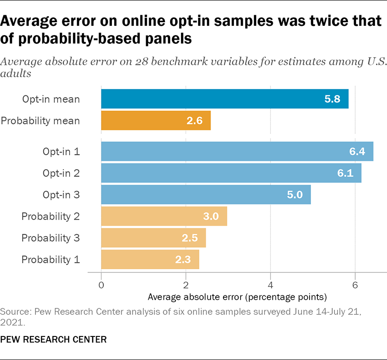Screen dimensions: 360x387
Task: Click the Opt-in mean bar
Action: click(224, 99)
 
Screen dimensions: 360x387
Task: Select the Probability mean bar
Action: click(156, 121)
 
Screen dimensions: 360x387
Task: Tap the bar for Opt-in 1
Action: click(237, 151)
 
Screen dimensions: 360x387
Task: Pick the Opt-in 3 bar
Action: click(205, 195)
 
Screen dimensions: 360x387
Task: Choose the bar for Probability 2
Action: click(164, 216)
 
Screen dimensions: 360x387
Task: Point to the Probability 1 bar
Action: click(150, 260)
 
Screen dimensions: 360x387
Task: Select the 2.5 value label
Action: click(189, 238)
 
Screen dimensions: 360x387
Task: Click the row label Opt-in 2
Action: click(61, 173)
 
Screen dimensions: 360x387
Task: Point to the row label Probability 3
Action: click(51, 238)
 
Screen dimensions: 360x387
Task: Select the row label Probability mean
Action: click(41, 121)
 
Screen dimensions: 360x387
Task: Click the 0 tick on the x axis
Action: click(101, 285)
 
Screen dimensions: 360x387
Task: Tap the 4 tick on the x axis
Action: click(270, 285)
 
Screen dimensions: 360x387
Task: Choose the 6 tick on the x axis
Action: click(355, 285)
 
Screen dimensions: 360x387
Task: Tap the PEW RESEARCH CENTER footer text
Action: click(53, 340)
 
